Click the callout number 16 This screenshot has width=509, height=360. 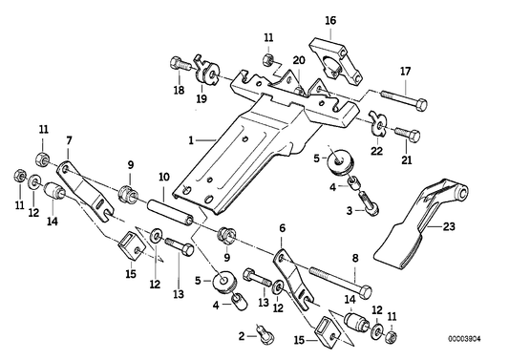(329, 19)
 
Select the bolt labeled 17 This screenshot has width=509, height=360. (402, 97)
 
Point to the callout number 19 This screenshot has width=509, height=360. (201, 96)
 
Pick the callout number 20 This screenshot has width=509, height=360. (298, 59)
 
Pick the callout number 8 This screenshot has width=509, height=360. (354, 257)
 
